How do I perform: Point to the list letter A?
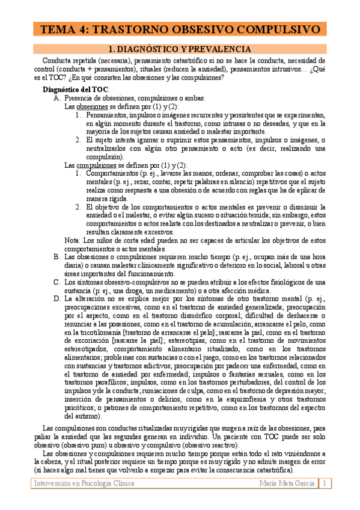pyautogui.click(x=56, y=98)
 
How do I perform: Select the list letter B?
pyautogui.click(x=56, y=257)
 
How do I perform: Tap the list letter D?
pyautogui.click(x=56, y=298)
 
